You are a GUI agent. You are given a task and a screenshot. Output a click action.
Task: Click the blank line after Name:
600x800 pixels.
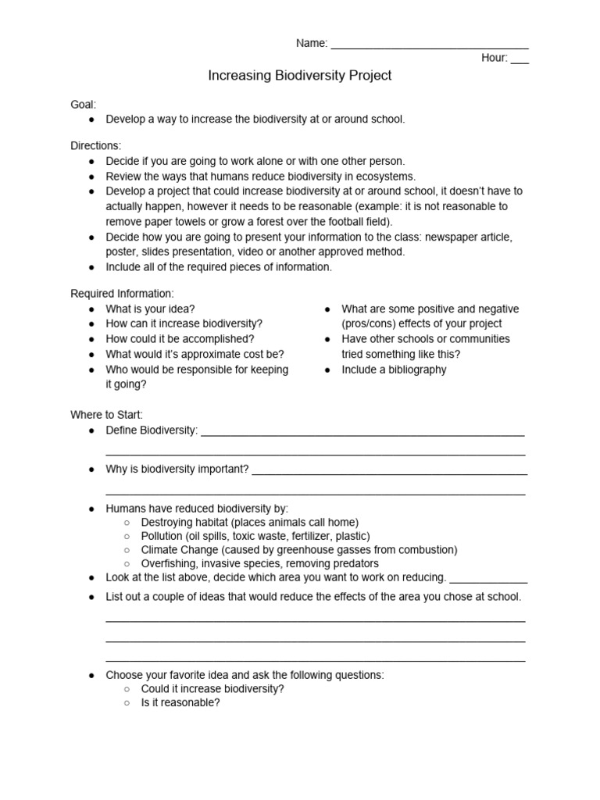[430, 45]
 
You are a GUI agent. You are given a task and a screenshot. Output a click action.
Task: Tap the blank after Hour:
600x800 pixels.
[520, 60]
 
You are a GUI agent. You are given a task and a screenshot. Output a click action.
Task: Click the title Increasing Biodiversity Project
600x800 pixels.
[299, 76]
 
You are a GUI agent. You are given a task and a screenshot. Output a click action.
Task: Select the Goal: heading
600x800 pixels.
[83, 104]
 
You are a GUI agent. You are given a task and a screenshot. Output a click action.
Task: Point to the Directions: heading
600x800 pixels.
[96, 145]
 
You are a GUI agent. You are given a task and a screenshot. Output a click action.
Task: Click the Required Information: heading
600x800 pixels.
[123, 294]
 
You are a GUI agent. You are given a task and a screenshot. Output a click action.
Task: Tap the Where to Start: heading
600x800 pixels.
[107, 415]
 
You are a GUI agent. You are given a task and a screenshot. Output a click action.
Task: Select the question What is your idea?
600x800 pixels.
[150, 309]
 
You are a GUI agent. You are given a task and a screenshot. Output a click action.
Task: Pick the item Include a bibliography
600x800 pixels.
[394, 370]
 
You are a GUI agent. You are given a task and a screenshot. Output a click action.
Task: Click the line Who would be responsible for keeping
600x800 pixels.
[197, 370]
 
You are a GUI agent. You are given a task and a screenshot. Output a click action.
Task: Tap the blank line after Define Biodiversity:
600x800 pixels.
[362, 433]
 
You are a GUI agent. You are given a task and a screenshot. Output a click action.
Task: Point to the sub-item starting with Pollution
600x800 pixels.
[255, 536]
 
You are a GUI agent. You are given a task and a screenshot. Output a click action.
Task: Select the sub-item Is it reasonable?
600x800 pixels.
[180, 703]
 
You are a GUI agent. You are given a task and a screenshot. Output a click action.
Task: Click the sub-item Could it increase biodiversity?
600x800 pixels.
[212, 689]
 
